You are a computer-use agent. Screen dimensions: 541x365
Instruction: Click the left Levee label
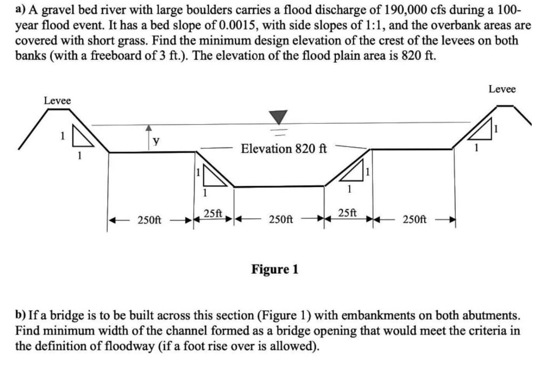(x=57, y=101)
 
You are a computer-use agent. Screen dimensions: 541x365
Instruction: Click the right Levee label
(x=502, y=89)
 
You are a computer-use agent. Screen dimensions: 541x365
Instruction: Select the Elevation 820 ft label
(x=284, y=148)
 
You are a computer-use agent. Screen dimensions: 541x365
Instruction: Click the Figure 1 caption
(x=275, y=269)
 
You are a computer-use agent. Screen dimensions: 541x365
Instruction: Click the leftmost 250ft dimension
(x=150, y=220)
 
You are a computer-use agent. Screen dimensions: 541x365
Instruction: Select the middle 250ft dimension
(x=281, y=219)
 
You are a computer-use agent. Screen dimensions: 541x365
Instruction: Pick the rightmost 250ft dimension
(x=414, y=219)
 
